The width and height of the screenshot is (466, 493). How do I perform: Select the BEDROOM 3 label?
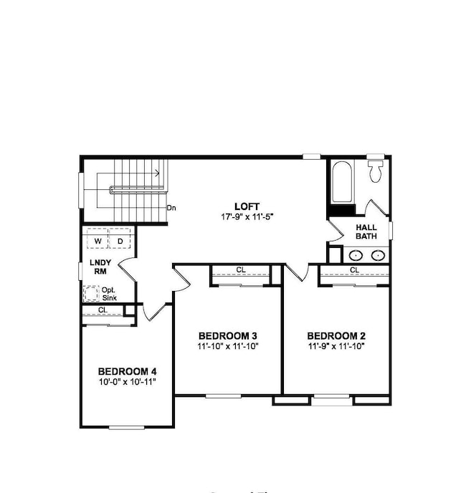228,335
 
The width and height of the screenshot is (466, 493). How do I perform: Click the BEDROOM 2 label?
337,335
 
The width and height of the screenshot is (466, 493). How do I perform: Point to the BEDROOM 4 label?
127,371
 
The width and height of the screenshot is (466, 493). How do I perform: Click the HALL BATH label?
366,231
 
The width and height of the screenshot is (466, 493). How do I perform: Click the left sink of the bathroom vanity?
355,254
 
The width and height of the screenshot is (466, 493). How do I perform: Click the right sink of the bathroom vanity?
377,254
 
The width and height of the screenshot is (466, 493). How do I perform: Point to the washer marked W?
98,241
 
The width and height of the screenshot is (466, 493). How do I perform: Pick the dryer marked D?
120,241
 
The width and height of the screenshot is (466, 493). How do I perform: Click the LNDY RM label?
99,267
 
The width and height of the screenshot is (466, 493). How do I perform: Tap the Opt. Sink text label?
108,294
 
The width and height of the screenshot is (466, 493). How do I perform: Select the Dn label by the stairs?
171,208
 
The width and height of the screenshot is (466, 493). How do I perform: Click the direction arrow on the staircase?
155,172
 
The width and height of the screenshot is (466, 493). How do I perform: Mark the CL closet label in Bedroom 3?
240,270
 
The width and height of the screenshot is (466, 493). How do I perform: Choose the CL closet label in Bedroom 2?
354,270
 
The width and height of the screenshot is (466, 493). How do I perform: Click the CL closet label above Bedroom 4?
103,310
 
